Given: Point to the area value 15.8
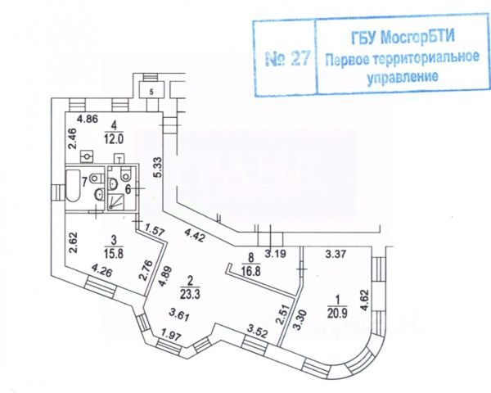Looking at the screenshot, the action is click(117, 253).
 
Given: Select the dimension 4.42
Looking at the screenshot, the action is click(194, 238).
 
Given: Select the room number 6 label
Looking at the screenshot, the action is click(128, 188).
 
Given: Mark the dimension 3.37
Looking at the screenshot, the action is click(337, 254).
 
